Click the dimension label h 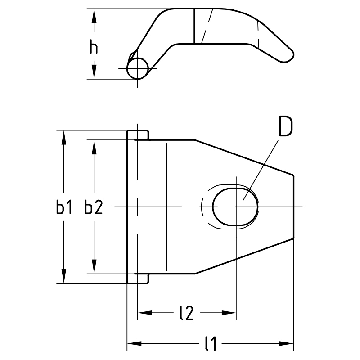(94, 48)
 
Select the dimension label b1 (64, 208)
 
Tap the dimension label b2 (94, 208)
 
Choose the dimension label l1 (211, 344)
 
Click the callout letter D (285, 127)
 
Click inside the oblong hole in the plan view (235, 207)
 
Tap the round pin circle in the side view (137, 68)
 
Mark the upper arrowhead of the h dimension (94, 17)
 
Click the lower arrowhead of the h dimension (94, 71)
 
